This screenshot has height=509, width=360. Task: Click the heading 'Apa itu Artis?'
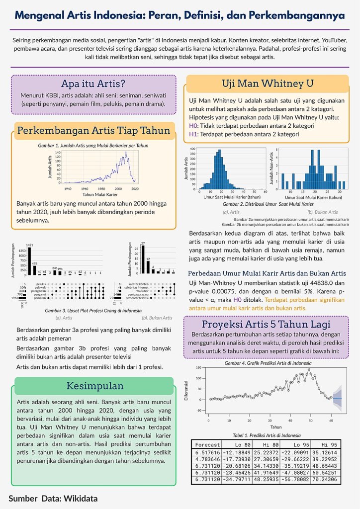(92, 83)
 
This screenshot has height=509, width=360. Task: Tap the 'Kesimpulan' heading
(94, 386)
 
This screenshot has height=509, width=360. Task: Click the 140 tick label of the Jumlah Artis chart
(58, 153)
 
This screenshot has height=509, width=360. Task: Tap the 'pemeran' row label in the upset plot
(40, 298)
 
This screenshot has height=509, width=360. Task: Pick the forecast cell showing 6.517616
(207, 453)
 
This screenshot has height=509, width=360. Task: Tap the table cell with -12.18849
(237, 453)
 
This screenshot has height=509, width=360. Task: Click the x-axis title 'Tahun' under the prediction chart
(269, 426)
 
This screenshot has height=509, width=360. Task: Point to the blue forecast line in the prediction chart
(337, 398)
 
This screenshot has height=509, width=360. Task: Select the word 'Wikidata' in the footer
(80, 498)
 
